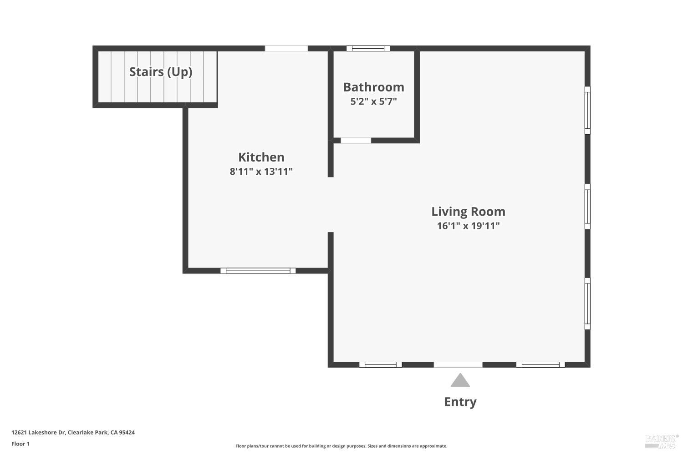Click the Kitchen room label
[x=261, y=157]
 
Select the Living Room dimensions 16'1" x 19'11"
[x=468, y=226]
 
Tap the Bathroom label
[x=373, y=87]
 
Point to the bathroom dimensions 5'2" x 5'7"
[x=373, y=101]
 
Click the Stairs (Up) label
[x=160, y=72]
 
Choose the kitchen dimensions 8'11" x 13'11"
[x=261, y=172]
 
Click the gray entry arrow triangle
[x=460, y=381]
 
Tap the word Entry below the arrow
[x=460, y=402]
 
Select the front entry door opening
[x=458, y=364]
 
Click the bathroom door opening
[x=356, y=141]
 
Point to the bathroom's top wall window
[x=368, y=48]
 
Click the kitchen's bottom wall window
[x=258, y=271]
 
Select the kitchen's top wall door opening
[x=286, y=48]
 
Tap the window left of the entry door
[x=380, y=364]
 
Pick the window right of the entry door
[x=540, y=364]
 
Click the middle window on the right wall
[x=587, y=207]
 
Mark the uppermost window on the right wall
[x=587, y=110]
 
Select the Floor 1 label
[x=20, y=444]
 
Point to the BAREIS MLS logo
[x=661, y=440]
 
